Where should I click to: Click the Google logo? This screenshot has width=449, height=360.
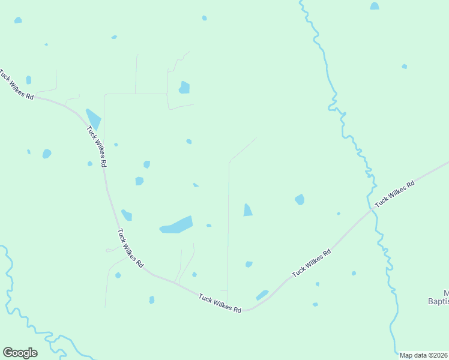(20, 353)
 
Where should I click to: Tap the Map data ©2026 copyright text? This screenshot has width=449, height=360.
(423, 355)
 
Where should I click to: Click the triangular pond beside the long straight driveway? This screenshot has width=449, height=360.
(247, 210)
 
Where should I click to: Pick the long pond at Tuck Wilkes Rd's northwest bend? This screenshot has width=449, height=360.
(94, 118)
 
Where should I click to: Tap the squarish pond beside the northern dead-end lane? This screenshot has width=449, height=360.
(184, 88)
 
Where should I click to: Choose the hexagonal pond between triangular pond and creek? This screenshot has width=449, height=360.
(300, 199)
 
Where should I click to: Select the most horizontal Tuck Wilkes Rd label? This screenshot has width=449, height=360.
(220, 302)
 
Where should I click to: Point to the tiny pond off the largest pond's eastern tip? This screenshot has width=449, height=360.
(208, 226)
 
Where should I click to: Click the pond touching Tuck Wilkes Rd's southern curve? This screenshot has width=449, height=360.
(262, 295)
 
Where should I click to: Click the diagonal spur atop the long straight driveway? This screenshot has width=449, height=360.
(243, 150)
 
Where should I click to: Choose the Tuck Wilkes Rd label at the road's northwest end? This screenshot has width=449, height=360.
(16, 86)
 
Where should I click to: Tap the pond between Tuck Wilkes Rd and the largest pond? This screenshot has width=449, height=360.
(127, 215)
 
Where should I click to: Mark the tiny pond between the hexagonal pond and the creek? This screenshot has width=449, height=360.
(339, 213)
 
